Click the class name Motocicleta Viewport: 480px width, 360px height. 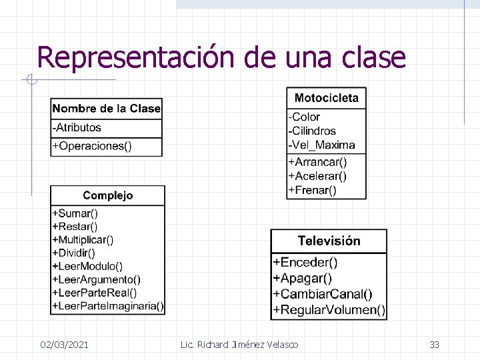click(326, 98)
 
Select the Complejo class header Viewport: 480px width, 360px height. click(107, 195)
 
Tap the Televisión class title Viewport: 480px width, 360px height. click(329, 241)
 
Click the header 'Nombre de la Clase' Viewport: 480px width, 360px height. click(107, 109)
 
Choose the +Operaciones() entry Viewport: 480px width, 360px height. click(92, 146)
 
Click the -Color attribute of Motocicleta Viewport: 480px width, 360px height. click(304, 117)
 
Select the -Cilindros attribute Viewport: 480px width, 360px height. click(312, 131)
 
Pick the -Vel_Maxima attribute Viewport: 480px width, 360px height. click(321, 145)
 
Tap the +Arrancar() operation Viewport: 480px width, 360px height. click(317, 162)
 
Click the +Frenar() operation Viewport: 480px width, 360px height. click(312, 190)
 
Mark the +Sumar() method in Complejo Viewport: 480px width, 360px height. click(75, 214)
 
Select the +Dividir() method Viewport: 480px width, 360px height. click(74, 253)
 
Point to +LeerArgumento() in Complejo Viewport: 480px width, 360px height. click(97, 279)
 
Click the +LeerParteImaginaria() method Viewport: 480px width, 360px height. click(108, 306)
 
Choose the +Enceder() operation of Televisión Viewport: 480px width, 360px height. click(305, 263)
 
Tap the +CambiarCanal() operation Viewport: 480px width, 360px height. click(323, 294)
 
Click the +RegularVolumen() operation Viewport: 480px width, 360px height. click(329, 309)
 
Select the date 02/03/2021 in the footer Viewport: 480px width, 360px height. click(64, 345)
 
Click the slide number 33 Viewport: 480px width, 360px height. click(434, 345)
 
